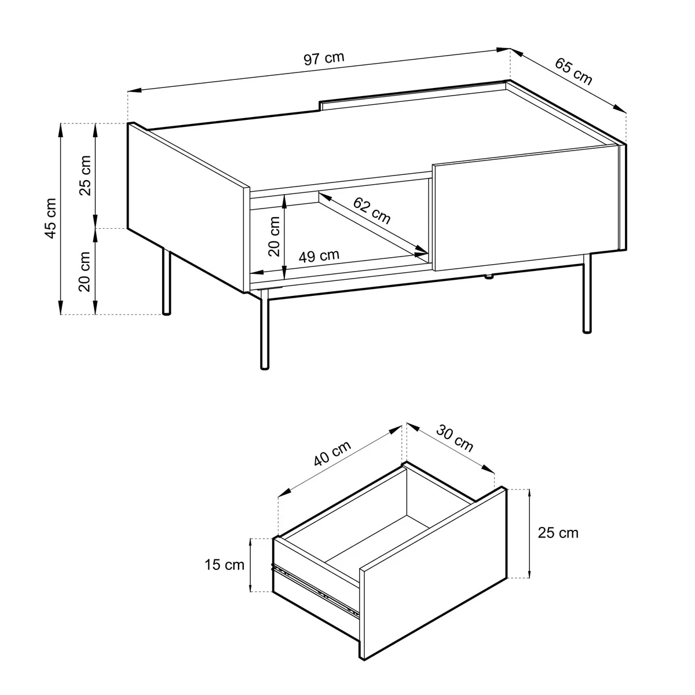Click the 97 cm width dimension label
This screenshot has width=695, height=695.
[x=324, y=59]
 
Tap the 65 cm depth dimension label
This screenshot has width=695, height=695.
[x=573, y=72]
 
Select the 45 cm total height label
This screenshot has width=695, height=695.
[x=51, y=218]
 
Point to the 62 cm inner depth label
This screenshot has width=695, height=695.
[x=371, y=211]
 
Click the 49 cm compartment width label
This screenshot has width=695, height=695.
[x=319, y=256]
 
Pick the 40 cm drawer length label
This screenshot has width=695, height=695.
[x=332, y=453]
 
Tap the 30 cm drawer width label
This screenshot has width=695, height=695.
[x=455, y=439]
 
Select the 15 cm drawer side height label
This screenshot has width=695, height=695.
[x=224, y=565]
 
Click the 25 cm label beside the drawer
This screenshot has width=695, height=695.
[x=558, y=533]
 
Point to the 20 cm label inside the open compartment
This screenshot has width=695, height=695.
[x=275, y=236]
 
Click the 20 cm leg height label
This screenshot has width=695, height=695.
[x=85, y=272]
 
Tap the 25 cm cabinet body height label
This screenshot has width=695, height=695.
[x=85, y=175]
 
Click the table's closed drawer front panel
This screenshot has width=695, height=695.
[x=526, y=207]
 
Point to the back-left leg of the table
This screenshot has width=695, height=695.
[x=166, y=281]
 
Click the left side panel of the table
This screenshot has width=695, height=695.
[x=188, y=207]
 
